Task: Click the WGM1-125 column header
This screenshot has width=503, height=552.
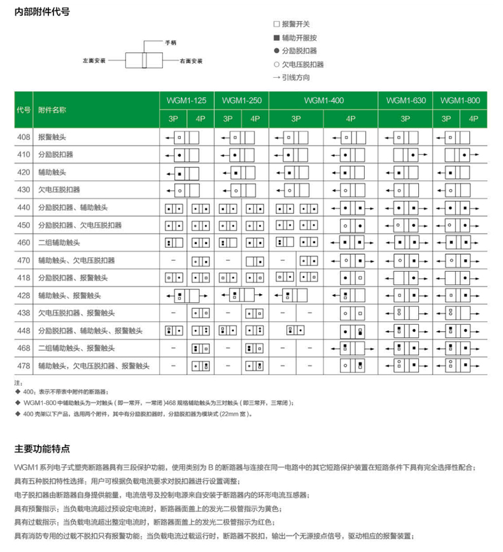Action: point(187,101)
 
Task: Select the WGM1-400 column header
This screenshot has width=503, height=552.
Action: point(323,101)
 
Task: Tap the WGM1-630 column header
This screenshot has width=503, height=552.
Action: point(405,101)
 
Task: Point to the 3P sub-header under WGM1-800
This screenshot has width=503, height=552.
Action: point(446,118)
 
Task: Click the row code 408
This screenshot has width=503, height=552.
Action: point(23,137)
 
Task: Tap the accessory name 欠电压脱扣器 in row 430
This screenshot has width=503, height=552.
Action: point(59,190)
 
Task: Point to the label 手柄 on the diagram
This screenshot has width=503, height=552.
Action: point(171,43)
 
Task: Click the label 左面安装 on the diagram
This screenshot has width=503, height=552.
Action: point(93,61)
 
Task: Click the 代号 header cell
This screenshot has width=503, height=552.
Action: point(23,110)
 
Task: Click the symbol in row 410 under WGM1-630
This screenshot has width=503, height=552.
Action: point(405,155)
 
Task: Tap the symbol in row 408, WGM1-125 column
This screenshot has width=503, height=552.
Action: point(178,137)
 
